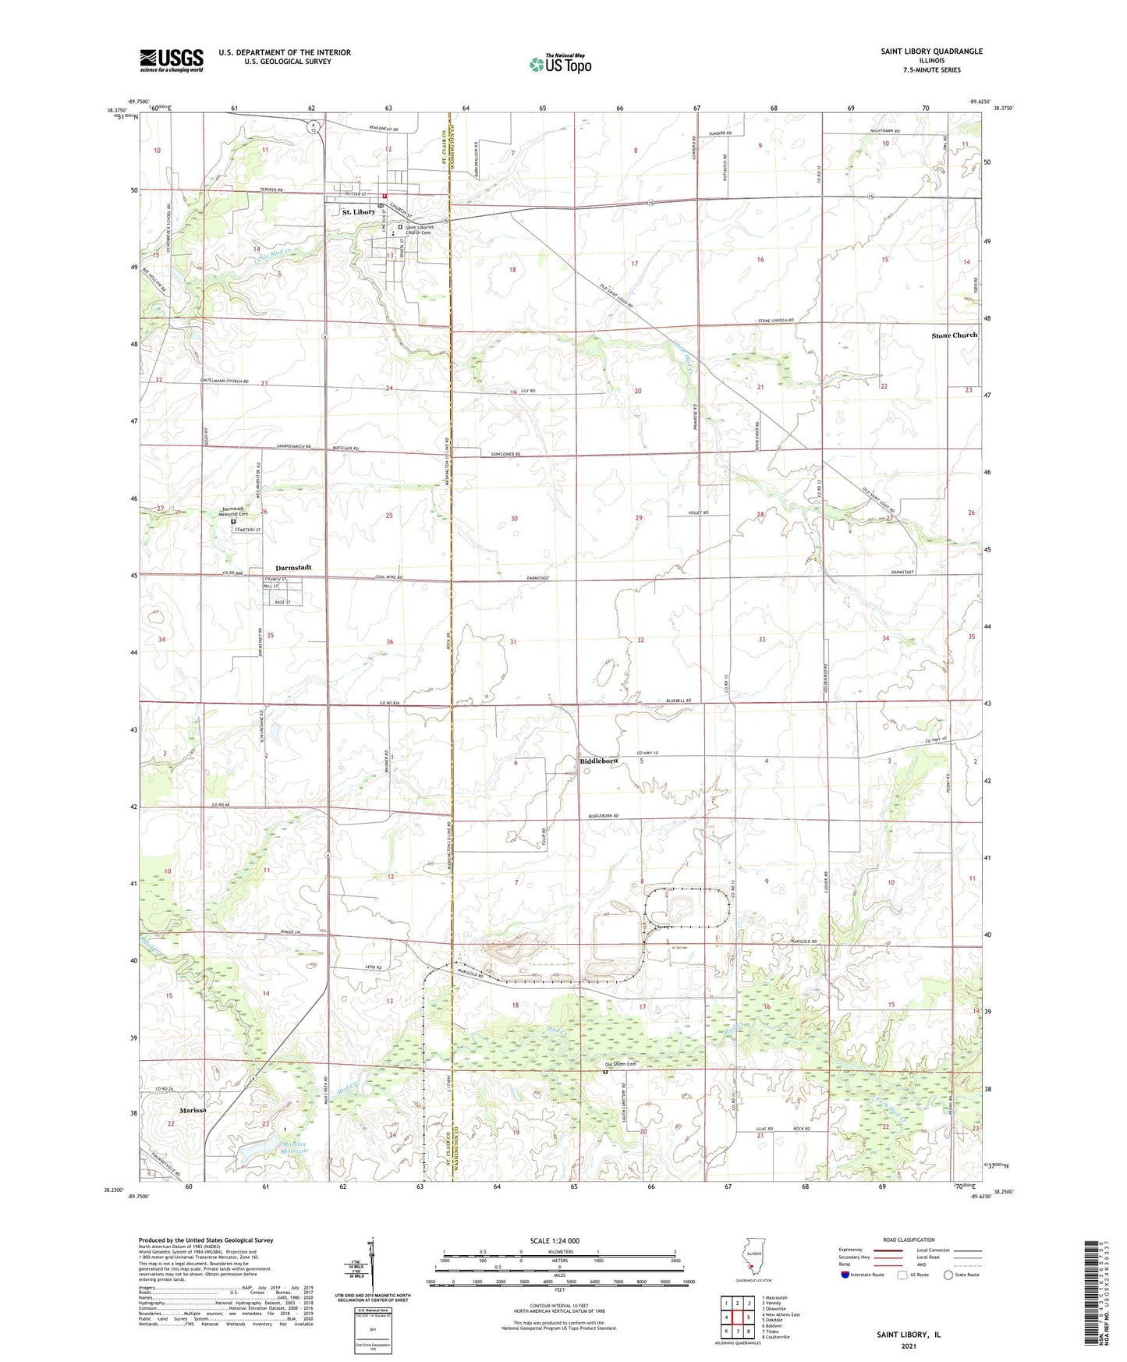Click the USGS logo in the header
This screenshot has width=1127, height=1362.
pos(171,60)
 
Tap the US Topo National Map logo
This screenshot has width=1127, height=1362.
pos(560,63)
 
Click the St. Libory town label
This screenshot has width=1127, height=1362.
pos(358,212)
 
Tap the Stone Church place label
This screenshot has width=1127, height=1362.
pos(954,335)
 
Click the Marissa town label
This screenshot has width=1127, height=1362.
pos(193,1110)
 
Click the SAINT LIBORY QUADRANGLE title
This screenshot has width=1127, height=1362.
pos(931,51)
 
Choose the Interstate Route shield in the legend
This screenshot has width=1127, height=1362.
pos(845,1275)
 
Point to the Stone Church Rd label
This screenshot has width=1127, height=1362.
pos(775,321)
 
